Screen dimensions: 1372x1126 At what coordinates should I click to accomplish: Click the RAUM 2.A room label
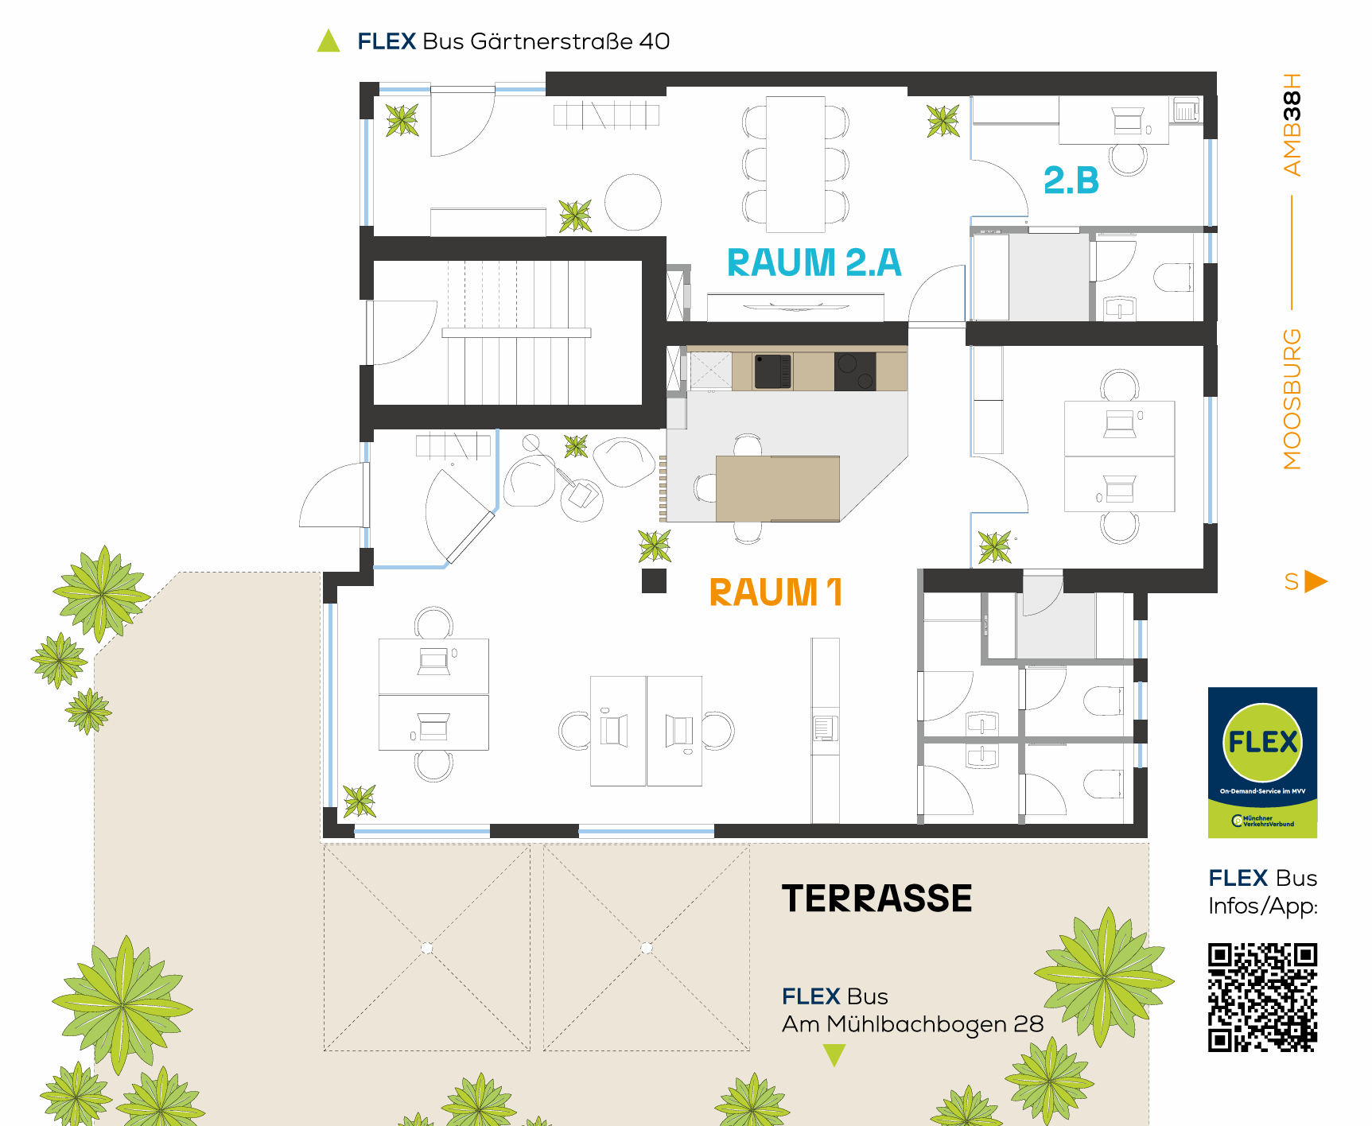coord(814,262)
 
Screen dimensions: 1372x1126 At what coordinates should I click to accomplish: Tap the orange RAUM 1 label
coord(775,592)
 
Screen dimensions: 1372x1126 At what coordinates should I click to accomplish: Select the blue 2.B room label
coord(1071,181)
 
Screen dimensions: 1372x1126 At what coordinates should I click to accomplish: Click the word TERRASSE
coord(876,899)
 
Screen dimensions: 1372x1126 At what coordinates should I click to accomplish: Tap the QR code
coord(1262,997)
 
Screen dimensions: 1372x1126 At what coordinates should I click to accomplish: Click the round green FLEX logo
coord(1262,742)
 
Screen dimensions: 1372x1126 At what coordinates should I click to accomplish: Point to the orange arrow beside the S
coord(1316,581)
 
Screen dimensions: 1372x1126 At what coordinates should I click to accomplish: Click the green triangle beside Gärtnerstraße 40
coord(328,41)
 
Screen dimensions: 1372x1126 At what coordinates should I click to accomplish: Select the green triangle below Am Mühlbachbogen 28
coord(834,1055)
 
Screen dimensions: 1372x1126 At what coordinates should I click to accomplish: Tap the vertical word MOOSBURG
coord(1292,399)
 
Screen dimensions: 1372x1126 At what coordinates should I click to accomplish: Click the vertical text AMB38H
coord(1292,124)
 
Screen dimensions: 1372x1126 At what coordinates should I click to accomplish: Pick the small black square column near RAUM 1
coord(654,581)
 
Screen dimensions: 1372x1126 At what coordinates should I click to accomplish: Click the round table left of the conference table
coord(633,203)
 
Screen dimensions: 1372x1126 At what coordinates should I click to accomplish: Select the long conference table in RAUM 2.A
coord(795,165)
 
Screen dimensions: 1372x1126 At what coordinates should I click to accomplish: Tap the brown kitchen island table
coord(778,488)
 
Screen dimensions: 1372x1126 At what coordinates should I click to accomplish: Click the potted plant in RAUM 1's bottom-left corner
coord(360,801)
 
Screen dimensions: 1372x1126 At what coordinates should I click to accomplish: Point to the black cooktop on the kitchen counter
coord(855,371)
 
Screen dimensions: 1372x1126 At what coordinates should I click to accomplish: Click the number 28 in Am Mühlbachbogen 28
coord(1028,1023)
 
